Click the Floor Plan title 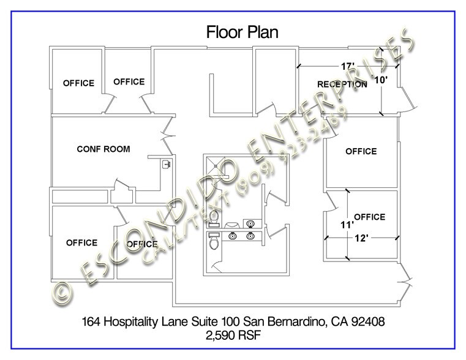(x=242, y=32)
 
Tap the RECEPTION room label (x=342, y=84)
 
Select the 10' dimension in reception (x=380, y=80)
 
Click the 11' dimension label (x=347, y=225)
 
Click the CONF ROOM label (x=103, y=149)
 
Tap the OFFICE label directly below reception (x=361, y=151)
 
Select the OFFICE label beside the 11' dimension (x=369, y=217)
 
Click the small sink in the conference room (x=165, y=164)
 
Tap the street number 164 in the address (x=92, y=321)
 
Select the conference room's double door (x=170, y=129)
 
